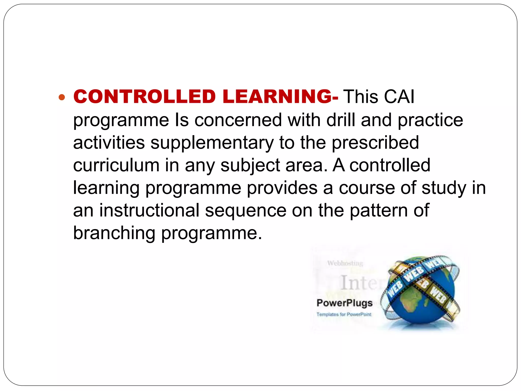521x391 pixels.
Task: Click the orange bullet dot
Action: pyautogui.click(x=62, y=97)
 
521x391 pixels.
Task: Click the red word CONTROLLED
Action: pyautogui.click(x=144, y=97)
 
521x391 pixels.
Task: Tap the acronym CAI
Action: pyautogui.click(x=399, y=97)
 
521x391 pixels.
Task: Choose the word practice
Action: pyautogui.click(x=430, y=120)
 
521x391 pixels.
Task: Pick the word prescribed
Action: pyautogui.click(x=375, y=143)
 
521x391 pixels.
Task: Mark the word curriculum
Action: pyautogui.click(x=116, y=165)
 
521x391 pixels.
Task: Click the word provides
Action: pyautogui.click(x=282, y=188)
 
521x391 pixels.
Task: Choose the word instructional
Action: pyautogui.click(x=149, y=210)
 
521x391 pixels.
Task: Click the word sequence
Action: pyautogui.click(x=246, y=211)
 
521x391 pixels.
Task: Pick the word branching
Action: pyautogui.click(x=114, y=233)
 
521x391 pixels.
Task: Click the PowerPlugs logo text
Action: pyautogui.click(x=344, y=303)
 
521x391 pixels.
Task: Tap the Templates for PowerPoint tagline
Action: pyautogui.click(x=344, y=314)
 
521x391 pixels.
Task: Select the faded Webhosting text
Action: pyautogui.click(x=345, y=263)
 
